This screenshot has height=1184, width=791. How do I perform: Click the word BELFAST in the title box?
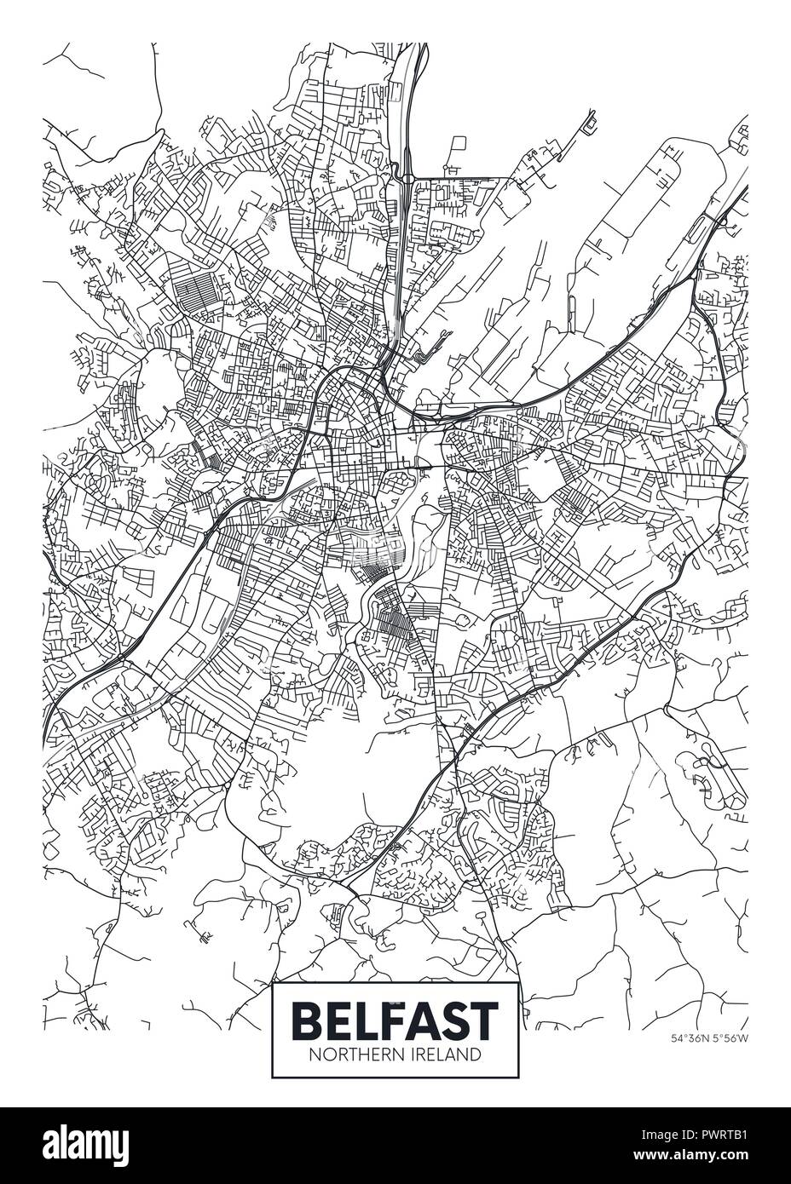[x=395, y=1017]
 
